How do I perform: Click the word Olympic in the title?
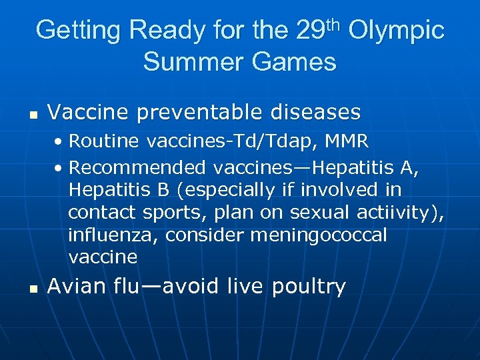click(396, 31)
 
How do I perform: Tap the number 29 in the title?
click(310, 31)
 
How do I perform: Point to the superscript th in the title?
click(333, 24)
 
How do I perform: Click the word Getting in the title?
click(78, 31)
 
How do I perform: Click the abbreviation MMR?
click(345, 141)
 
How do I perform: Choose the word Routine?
click(104, 141)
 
